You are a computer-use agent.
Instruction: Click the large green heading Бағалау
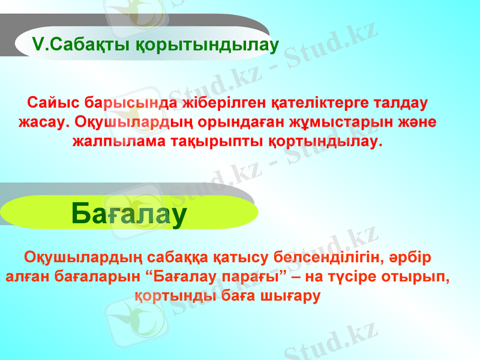point(128,213)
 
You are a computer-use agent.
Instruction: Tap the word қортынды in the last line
point(173,298)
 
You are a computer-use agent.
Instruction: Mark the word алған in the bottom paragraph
point(27,278)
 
